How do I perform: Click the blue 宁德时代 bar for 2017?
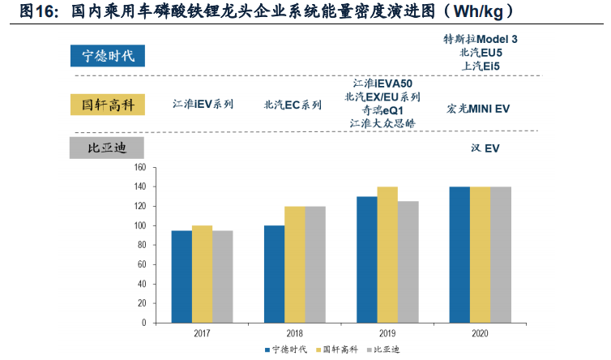tap(182, 276)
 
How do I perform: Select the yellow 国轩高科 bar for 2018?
tap(294, 264)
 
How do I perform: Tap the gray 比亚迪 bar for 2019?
tap(408, 262)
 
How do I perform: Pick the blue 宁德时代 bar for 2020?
tap(459, 255)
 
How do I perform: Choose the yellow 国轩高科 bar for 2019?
tap(387, 255)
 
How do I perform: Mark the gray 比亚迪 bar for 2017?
tap(222, 276)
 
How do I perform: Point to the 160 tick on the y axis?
tap(139, 168)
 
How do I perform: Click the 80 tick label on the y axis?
tap(140, 245)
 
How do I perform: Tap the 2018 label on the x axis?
tap(294, 333)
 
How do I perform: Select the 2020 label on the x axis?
tap(479, 333)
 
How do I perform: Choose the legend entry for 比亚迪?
tap(388, 349)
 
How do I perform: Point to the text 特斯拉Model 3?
tap(481, 39)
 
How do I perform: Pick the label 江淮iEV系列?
tap(203, 104)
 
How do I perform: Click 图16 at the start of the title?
tap(36, 11)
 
